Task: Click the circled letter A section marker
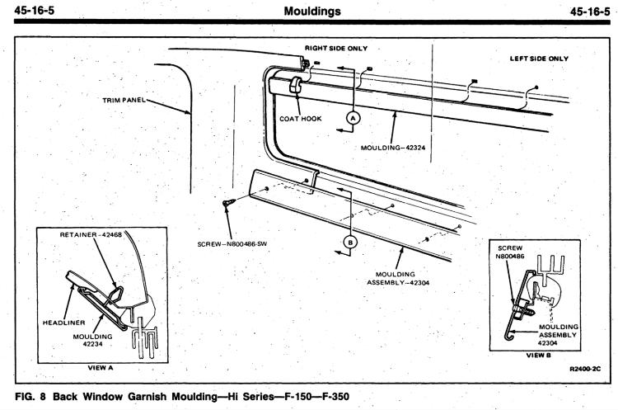(x=353, y=118)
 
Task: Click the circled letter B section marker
(x=350, y=242)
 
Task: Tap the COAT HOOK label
(x=301, y=119)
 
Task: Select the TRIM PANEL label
(x=124, y=100)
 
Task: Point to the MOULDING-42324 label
(x=393, y=148)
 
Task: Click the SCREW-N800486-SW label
(x=232, y=244)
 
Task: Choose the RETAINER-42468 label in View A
(x=91, y=234)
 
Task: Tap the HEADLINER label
(x=63, y=323)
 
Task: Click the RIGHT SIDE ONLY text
(x=336, y=48)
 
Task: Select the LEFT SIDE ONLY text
(x=539, y=59)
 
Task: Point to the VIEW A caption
(x=100, y=368)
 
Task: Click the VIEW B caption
(x=539, y=356)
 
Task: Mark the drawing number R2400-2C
(x=585, y=369)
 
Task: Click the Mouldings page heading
(x=312, y=11)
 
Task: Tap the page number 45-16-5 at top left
(x=35, y=10)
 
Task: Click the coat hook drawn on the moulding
(x=296, y=85)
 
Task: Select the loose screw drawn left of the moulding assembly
(x=228, y=202)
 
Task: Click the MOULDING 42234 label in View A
(x=92, y=340)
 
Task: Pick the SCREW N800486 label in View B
(x=510, y=252)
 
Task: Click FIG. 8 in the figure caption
(x=30, y=396)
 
